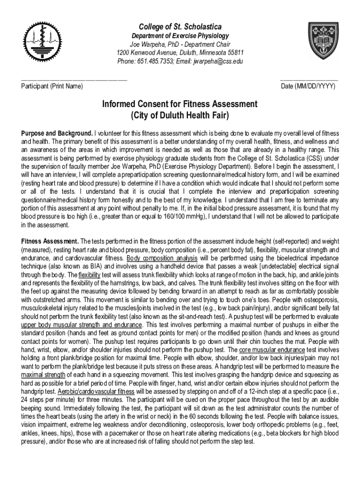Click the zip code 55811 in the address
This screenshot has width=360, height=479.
pos(234,53)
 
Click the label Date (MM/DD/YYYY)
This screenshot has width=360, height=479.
pos(308,87)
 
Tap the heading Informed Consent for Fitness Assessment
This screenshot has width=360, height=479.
pos(180,103)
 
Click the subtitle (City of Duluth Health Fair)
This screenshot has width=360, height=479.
pos(180,115)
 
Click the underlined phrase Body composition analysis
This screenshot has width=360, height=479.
pos(162,258)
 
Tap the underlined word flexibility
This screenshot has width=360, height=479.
pos(89,275)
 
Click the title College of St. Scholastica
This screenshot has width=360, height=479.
pos(180,26)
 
